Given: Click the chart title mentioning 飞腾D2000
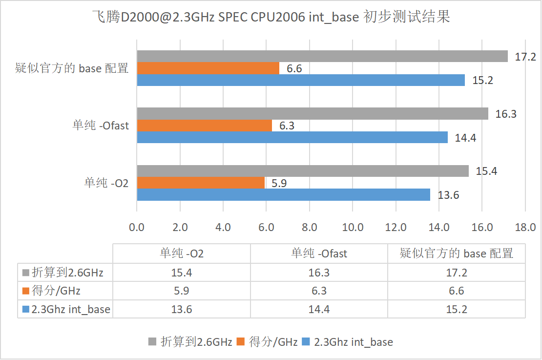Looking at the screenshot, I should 271,18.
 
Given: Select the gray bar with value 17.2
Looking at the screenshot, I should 322,57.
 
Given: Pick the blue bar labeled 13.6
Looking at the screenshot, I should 283,195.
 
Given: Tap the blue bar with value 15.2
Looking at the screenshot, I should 301,80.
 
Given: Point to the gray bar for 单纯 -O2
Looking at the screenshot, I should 303,171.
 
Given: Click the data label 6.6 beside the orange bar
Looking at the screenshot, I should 294,69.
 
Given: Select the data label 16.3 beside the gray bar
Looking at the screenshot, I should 506,114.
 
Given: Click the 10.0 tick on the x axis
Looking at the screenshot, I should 353,228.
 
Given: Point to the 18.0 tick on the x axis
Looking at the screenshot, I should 525,228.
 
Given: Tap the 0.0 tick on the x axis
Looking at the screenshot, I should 137,228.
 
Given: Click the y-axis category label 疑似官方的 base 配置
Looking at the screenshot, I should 72,68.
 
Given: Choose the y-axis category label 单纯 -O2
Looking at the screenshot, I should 106,183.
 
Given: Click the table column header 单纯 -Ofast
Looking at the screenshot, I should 319,254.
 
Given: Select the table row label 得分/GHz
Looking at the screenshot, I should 56,291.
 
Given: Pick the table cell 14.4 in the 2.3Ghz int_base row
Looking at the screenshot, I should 319,309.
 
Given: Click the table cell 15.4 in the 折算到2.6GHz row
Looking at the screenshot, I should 182,273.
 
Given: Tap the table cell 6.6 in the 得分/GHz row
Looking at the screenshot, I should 456,291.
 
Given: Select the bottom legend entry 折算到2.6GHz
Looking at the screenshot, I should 190,342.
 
